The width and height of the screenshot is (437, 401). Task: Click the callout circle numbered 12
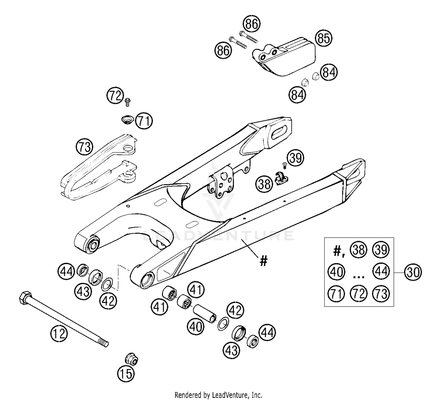(59, 334)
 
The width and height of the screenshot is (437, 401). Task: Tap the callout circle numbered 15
(126, 373)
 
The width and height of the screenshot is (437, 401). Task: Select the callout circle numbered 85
(323, 38)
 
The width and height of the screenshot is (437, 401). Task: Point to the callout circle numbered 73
(84, 147)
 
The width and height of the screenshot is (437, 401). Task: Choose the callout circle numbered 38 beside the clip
(264, 184)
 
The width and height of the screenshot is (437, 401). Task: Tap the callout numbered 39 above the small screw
(295, 158)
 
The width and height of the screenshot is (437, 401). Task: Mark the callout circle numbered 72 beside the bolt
(115, 95)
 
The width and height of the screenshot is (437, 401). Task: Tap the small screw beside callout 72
(127, 102)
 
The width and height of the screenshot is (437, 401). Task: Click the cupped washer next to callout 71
(127, 119)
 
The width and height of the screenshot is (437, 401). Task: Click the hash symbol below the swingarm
(263, 261)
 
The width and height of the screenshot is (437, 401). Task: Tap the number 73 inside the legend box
(381, 293)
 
